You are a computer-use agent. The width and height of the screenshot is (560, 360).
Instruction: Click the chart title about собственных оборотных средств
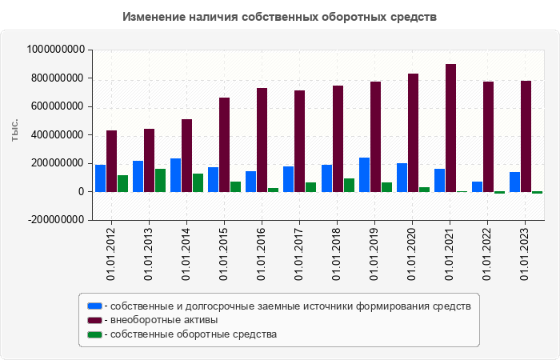coord(280,17)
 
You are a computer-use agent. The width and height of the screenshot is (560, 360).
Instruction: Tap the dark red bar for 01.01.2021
coord(451,128)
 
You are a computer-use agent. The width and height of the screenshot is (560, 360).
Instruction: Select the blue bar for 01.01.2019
coord(364,174)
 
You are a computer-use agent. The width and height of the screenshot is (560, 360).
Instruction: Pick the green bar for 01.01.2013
coord(161,180)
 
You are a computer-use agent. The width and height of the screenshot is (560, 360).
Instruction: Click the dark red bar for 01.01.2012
coord(112,161)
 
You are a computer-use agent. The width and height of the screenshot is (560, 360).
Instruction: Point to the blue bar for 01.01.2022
coord(477,186)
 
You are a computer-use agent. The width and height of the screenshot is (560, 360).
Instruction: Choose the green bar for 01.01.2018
coord(349,185)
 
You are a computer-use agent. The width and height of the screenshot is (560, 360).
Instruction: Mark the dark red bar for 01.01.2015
coord(225,145)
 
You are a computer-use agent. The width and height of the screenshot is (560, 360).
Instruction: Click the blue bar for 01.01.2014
coord(175,175)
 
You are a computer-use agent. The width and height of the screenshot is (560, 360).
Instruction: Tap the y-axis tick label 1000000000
coord(56,50)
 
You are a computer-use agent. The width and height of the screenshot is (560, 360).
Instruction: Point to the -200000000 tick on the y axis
coord(56,220)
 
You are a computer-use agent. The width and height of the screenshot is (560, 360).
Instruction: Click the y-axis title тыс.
coord(15,130)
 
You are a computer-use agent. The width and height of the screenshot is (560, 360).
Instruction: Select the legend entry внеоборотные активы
coord(164,320)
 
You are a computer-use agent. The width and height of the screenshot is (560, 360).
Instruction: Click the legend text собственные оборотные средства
coord(194,334)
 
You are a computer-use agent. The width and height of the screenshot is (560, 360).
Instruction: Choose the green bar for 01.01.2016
coord(274,190)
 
